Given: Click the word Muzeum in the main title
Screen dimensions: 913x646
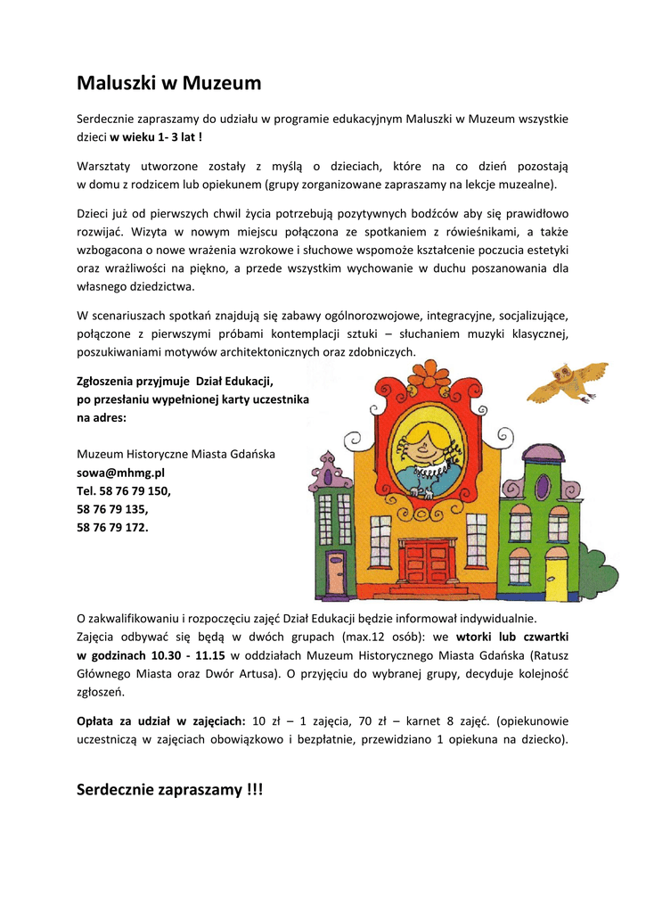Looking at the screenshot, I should point(222,84).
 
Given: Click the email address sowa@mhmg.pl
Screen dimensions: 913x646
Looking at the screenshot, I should point(120,473).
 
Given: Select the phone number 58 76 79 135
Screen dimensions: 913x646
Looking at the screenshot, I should point(112,509).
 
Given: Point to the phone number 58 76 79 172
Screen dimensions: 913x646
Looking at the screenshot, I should point(112,527).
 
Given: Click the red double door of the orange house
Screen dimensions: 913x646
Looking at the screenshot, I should point(427,562).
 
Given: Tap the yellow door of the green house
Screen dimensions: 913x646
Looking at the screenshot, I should point(557,578).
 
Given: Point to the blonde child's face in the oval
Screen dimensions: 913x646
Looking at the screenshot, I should point(424,444).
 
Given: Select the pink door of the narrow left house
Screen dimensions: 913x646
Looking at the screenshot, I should point(336,573).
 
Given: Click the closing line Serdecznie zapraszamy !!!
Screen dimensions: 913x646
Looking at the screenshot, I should point(170,790).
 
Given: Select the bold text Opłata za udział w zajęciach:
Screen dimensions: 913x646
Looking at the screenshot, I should point(161,720).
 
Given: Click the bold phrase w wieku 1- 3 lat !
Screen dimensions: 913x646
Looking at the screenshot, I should point(156,137).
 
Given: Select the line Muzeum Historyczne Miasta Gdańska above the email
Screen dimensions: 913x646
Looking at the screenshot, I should point(176,454).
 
